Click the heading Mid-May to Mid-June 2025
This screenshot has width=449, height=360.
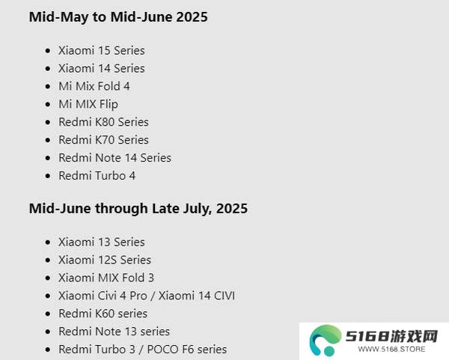(118, 17)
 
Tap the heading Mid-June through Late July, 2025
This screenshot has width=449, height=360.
(138, 209)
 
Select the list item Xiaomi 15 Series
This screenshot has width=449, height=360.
(102, 51)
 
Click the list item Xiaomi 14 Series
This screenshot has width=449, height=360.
(102, 68)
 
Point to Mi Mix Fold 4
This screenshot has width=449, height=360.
(94, 86)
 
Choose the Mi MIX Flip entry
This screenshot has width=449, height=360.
(88, 104)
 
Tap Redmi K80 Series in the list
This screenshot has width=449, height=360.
(104, 122)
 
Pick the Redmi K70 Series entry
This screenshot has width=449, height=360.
(104, 140)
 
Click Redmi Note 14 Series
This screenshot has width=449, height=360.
(114, 158)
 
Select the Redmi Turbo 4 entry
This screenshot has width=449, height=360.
(97, 176)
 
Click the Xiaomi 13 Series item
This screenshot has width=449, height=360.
(102, 242)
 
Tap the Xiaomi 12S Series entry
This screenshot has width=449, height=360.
(105, 260)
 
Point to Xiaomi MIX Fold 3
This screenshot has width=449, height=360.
(106, 278)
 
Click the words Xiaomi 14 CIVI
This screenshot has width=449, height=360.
(197, 296)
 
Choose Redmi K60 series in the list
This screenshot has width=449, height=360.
(103, 314)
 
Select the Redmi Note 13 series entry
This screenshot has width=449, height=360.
(114, 332)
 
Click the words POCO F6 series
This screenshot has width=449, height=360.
(187, 350)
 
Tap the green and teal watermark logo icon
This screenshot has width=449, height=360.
(326, 341)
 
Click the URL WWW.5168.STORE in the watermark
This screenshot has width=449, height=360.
(391, 350)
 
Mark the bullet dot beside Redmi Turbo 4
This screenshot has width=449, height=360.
(48, 176)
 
